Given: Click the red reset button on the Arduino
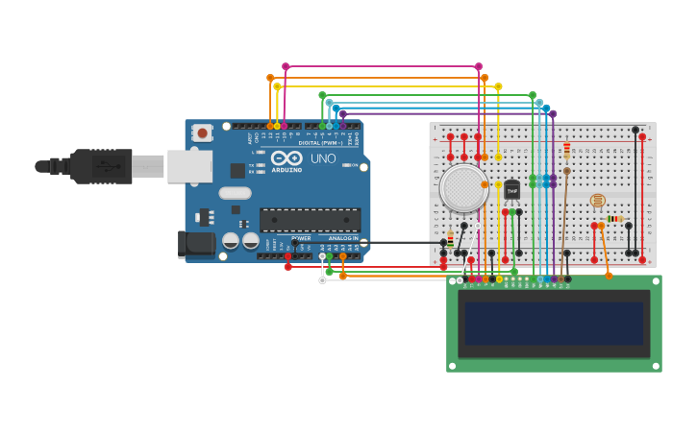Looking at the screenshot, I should pos(202,133).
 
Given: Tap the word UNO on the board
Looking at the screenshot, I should pos(323,158).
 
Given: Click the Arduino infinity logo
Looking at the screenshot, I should pos(286,158).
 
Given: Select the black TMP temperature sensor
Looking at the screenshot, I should pos(511,190).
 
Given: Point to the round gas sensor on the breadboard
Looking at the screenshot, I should pos(463,187).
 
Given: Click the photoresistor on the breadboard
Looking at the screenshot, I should pos(597,201).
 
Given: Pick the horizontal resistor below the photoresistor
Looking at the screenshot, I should pos(614,219).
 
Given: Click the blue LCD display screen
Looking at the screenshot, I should pos(554,324).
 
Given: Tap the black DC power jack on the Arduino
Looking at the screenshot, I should pos(197,244).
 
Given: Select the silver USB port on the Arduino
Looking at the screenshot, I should pos(189,166).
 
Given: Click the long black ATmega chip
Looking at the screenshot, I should pos(310,219).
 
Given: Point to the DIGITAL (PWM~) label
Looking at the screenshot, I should pos(320,143).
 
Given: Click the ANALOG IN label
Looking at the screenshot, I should pos(343,238).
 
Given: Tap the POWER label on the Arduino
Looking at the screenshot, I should pos(301,238).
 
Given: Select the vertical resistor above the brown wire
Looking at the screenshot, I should pos(566,151).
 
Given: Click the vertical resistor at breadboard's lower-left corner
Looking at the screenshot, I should pos(450,239).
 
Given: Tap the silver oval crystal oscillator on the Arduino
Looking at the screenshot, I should pos(235,193).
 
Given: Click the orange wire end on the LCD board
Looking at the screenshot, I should pos(609,276).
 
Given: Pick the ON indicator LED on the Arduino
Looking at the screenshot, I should pos(345,165).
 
